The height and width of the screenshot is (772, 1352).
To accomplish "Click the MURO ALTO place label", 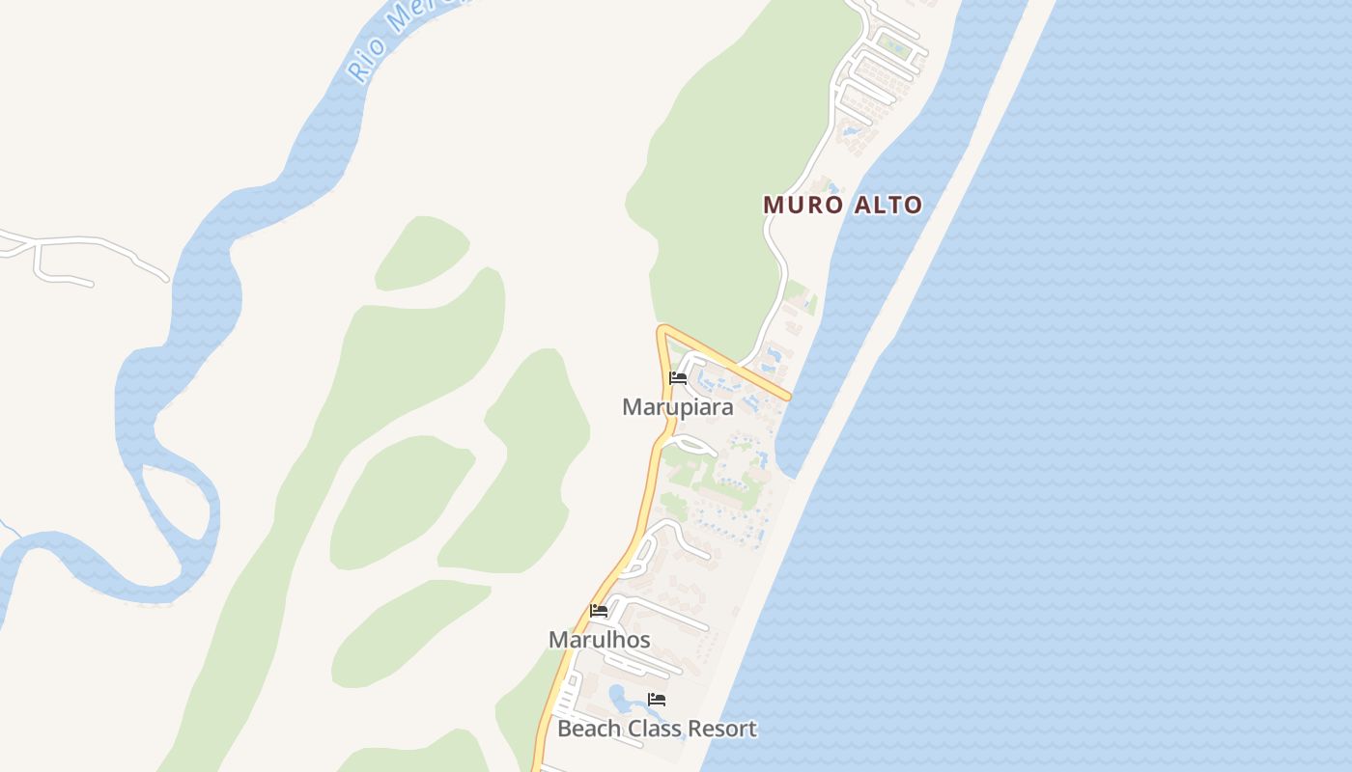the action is click(x=842, y=205).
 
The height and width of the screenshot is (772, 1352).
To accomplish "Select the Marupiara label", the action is click(x=677, y=407).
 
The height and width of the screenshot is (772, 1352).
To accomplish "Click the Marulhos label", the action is click(x=599, y=640).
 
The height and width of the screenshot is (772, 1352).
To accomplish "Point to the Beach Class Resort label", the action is click(x=657, y=729).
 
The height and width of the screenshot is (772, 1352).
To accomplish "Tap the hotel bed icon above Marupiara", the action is click(x=678, y=378).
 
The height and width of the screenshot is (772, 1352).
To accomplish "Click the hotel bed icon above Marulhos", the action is click(x=599, y=611).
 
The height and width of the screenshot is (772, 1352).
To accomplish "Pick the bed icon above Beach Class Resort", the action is click(x=657, y=700).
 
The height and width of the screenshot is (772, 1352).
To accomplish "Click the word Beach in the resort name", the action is click(x=586, y=729).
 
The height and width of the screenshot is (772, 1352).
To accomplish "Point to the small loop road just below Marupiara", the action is click(x=693, y=445).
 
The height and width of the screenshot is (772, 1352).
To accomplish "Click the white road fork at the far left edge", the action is click(x=37, y=245).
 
